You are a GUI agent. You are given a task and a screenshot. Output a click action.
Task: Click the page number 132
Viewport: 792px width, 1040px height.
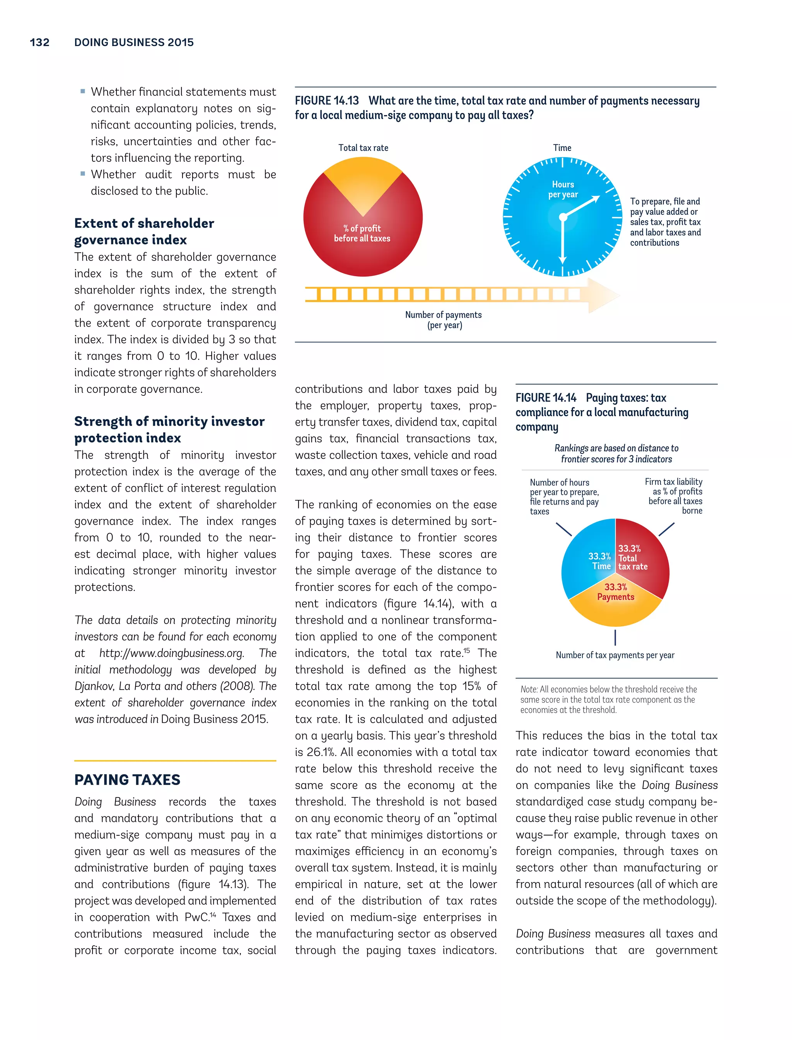tap(39, 43)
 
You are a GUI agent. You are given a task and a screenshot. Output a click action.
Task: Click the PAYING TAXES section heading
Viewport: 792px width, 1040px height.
tap(127, 780)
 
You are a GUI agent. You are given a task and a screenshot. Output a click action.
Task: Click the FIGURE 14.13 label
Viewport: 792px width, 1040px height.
tap(327, 101)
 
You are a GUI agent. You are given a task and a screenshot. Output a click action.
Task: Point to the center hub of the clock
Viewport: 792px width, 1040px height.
tap(563, 217)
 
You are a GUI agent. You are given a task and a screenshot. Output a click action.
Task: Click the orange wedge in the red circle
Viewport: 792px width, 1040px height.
tap(363, 184)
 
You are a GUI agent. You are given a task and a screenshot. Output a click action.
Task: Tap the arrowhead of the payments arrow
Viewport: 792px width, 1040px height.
tap(603, 295)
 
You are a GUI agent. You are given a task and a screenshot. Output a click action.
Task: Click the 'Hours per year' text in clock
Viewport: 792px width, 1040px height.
tap(563, 189)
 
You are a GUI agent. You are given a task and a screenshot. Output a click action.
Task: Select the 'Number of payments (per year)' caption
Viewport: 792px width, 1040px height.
tap(443, 320)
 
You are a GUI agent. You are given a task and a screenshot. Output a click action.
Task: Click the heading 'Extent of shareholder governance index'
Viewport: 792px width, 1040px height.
tap(144, 231)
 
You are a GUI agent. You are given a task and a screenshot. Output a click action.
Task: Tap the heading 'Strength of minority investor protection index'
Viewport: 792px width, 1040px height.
tap(169, 429)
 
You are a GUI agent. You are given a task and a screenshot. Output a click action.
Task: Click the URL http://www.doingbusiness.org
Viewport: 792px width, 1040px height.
tap(172, 653)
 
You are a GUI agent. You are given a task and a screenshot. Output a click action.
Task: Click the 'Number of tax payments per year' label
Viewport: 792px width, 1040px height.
tap(615, 655)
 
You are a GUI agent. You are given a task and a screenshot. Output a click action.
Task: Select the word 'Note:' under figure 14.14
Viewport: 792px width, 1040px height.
tap(529, 689)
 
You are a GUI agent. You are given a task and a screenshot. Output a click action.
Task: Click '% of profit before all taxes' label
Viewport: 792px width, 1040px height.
tap(362, 233)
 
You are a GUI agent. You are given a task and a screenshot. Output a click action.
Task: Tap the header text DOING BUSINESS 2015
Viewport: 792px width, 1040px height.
tap(134, 43)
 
